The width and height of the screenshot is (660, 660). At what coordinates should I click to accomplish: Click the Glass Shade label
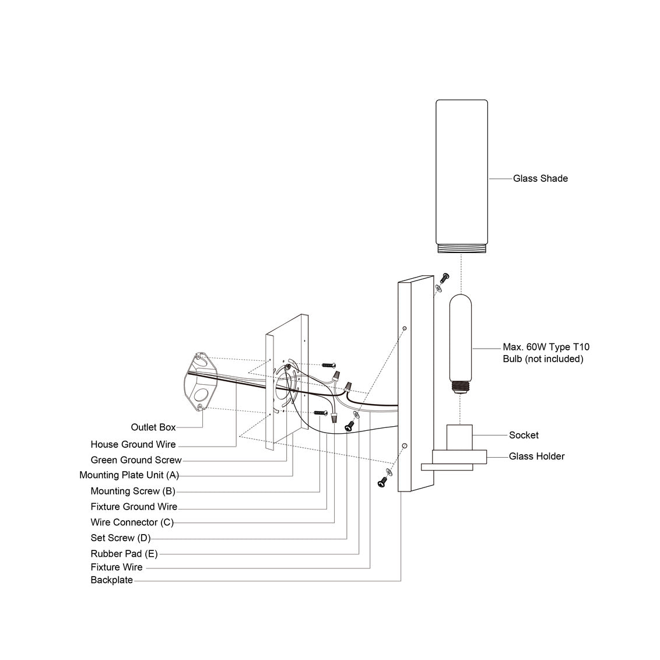click(540, 178)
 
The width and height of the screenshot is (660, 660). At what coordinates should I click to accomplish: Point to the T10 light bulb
click(461, 338)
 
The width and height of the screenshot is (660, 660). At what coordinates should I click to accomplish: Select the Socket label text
click(524, 435)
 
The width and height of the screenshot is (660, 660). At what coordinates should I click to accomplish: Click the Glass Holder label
click(536, 456)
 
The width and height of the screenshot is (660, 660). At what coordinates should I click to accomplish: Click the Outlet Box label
click(153, 427)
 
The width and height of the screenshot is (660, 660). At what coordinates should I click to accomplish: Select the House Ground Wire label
click(133, 444)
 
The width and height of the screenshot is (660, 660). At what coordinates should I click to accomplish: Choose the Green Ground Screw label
click(136, 460)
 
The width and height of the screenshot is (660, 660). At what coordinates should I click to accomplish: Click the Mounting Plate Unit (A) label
click(129, 475)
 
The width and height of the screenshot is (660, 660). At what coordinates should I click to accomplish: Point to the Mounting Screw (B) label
click(133, 491)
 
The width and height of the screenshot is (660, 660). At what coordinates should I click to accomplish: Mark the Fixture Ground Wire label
click(134, 507)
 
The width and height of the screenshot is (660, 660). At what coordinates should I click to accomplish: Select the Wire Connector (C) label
click(132, 522)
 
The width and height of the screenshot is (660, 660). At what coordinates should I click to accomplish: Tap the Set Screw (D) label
click(120, 538)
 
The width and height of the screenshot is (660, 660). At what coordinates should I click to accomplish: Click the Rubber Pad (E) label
click(124, 553)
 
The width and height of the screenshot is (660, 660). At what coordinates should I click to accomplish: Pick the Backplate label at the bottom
click(111, 580)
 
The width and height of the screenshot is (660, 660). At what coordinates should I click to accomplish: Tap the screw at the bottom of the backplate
click(382, 482)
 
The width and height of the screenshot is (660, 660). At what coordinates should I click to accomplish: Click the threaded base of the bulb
click(461, 386)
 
